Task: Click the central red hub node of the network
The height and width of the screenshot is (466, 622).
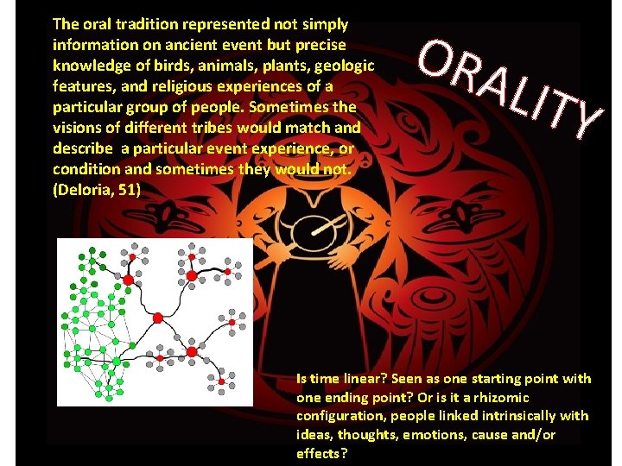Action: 157,318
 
